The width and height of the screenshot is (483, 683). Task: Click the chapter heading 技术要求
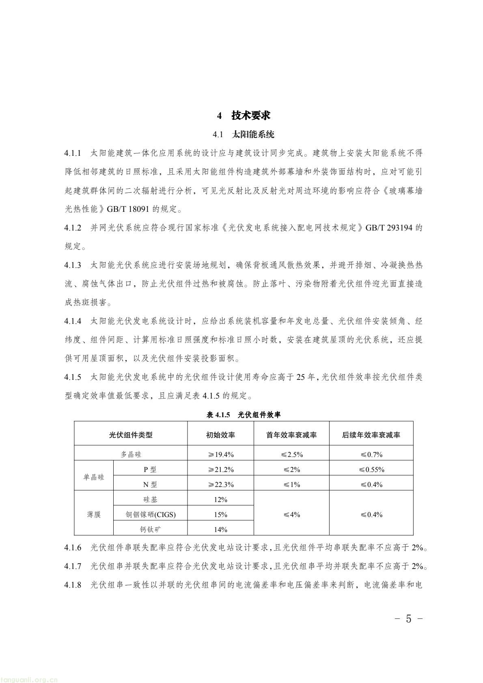(250, 116)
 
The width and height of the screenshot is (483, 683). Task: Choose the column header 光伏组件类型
(131, 435)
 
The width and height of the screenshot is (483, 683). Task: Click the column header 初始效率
(220, 435)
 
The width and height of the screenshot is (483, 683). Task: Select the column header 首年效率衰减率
(291, 435)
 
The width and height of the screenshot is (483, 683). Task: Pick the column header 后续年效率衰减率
(371, 435)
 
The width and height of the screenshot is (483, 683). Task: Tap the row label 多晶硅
(131, 455)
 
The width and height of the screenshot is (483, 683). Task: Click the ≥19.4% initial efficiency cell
(220, 455)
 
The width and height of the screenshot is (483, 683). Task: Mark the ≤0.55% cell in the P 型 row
(371, 470)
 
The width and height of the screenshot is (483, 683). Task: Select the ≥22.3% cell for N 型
(220, 485)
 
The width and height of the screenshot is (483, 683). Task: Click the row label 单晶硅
(94, 477)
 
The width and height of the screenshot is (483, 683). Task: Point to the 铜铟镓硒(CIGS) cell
(151, 515)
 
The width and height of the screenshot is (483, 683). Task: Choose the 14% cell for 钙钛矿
(220, 530)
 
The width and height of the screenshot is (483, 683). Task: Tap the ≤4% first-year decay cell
(291, 515)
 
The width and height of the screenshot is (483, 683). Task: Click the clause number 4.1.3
(73, 265)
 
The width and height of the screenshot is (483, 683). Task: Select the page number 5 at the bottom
(408, 619)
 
